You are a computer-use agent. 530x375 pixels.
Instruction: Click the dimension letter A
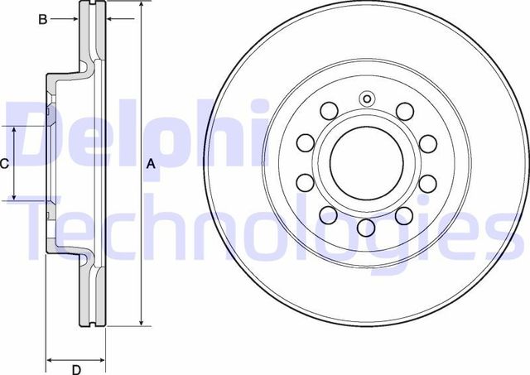(150, 164)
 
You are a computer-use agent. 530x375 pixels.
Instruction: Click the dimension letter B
(43, 20)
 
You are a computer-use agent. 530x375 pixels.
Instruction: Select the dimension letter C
(4, 164)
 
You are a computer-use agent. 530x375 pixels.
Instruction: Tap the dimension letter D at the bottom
(75, 369)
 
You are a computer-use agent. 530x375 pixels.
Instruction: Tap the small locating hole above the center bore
(365, 99)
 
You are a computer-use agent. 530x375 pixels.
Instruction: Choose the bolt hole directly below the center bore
(365, 227)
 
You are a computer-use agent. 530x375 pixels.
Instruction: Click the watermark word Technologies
(265, 228)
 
